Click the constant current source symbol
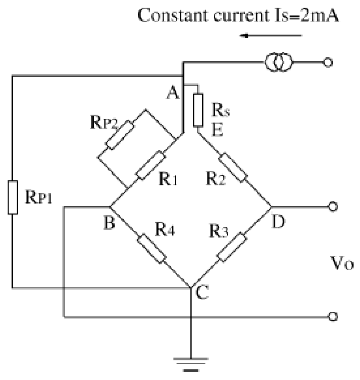pyautogui.click(x=278, y=63)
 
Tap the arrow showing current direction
pyautogui.click(x=271, y=36)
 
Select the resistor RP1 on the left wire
pyautogui.click(x=13, y=197)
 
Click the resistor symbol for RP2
pyautogui.click(x=120, y=135)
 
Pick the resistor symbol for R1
pyautogui.click(x=150, y=165)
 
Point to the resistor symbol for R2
pyautogui.click(x=233, y=167)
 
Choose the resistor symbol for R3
pyautogui.click(x=232, y=248)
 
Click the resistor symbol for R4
pyautogui.click(x=152, y=249)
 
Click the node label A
pyautogui.click(x=173, y=93)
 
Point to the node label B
pyautogui.click(x=109, y=223)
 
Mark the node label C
pyautogui.click(x=203, y=292)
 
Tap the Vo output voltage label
pyautogui.click(x=342, y=263)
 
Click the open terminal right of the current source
pyautogui.click(x=328, y=63)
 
